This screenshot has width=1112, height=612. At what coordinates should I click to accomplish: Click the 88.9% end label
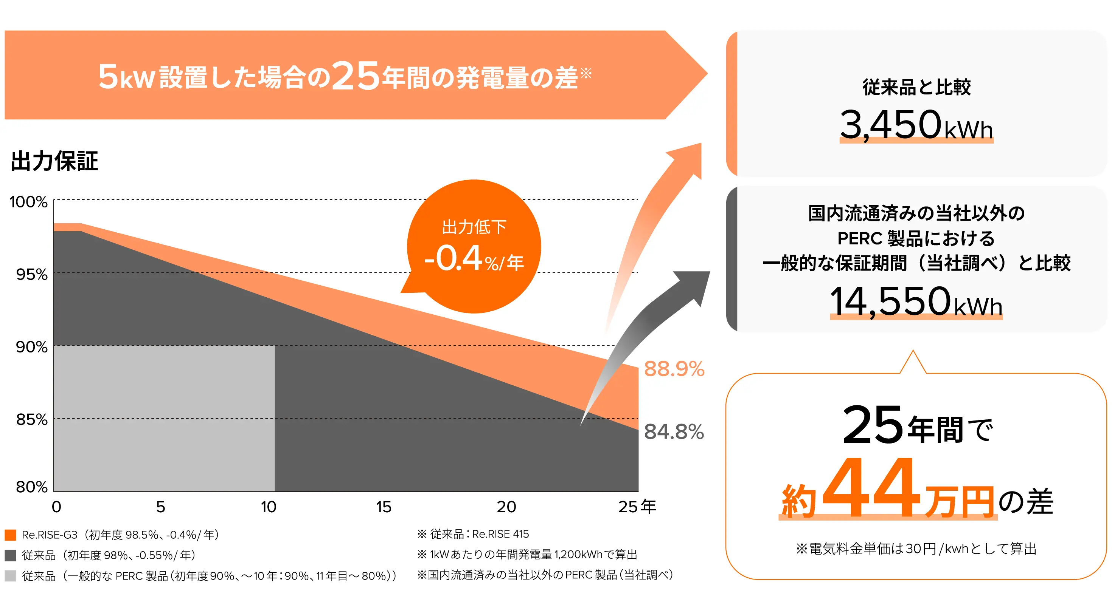coord(674,369)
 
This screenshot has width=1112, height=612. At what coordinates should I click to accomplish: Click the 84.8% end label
coord(674,432)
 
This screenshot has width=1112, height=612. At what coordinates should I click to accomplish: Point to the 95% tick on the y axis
coord(31,274)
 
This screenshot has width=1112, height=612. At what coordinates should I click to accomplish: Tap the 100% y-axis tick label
coord(28,202)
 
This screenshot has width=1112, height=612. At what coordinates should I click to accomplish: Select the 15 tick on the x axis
coord(383,507)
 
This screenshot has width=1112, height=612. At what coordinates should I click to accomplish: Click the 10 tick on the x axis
coord(268,507)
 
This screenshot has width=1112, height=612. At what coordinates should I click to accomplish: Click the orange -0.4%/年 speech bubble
coord(474,247)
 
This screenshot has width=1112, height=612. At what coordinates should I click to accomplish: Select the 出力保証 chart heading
coord(54,161)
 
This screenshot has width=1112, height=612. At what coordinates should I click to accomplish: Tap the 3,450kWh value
coord(916,125)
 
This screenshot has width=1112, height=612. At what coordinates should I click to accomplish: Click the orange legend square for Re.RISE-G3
coord(10,535)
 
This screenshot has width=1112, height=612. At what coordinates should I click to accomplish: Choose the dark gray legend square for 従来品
coord(10,555)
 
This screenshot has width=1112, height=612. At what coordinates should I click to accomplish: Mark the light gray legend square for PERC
coord(10,575)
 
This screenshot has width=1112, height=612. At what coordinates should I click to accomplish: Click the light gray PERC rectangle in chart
coord(164,418)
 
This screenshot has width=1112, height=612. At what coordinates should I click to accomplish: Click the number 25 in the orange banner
coord(356,76)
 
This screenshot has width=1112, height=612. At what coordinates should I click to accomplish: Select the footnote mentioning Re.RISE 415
coord(473,534)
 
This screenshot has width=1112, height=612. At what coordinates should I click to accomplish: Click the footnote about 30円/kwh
coord(916,549)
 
